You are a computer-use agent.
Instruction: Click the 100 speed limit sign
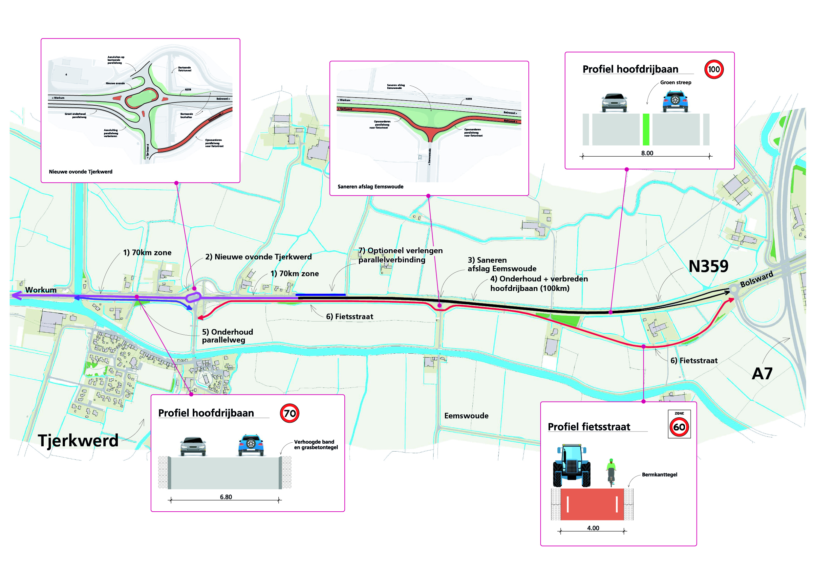click(x=714, y=69)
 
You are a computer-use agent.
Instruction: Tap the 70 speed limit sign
click(x=289, y=413)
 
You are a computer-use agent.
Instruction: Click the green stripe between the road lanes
click(x=646, y=129)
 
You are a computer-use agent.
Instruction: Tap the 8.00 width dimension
click(x=647, y=153)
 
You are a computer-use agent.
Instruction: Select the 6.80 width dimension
click(x=226, y=497)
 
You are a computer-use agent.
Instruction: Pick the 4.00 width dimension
click(x=593, y=528)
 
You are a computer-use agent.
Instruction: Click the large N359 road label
click(x=708, y=266)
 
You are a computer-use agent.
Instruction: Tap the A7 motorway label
click(x=762, y=374)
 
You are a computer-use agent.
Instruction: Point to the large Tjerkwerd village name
click(x=78, y=440)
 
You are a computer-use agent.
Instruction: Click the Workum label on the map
click(x=41, y=290)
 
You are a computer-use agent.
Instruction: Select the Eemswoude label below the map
click(x=466, y=416)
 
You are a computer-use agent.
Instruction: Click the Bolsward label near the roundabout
click(x=757, y=279)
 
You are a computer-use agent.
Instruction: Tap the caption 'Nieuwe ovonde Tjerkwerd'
click(x=80, y=172)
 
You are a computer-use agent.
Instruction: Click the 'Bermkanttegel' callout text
click(x=659, y=475)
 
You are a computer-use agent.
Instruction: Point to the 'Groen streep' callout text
click(x=675, y=82)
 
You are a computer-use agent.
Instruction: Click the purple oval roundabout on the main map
click(x=193, y=297)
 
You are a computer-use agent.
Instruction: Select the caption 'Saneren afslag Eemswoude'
click(x=370, y=187)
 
